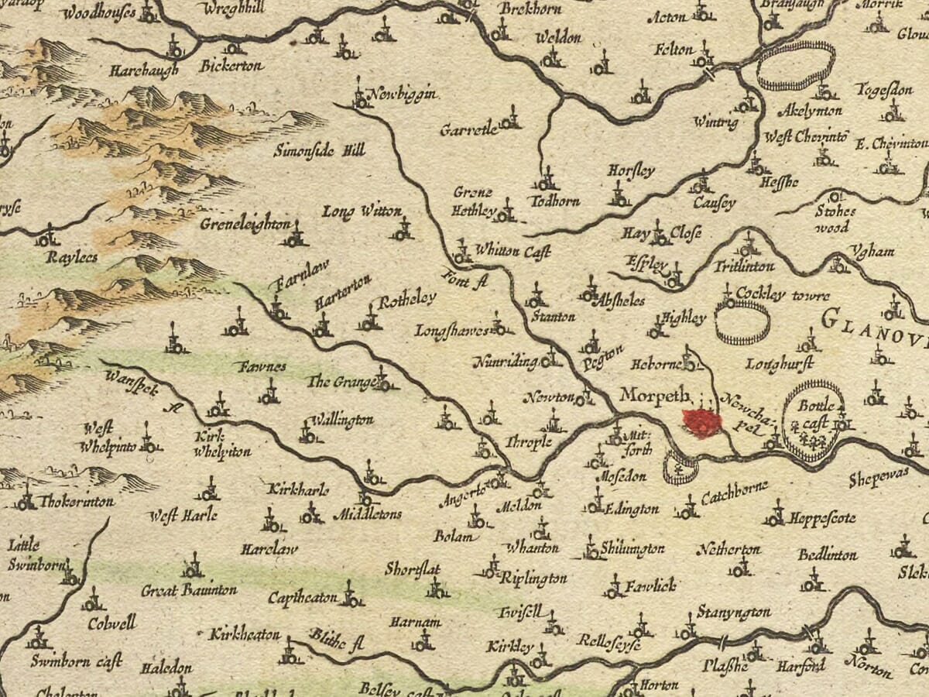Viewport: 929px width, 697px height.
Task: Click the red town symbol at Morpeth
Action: point(701,423)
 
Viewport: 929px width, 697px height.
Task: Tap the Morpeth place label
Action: point(654,396)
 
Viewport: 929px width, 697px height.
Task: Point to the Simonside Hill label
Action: point(319,150)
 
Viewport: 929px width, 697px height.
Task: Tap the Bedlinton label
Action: point(828,555)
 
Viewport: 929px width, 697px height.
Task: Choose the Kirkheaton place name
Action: point(245,634)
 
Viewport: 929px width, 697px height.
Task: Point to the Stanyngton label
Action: point(733,612)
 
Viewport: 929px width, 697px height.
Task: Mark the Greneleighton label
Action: point(245,225)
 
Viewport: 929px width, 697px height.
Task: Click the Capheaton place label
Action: point(303,598)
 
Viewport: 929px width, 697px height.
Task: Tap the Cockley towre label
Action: point(783,295)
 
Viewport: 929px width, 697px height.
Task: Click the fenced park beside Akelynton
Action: point(796,66)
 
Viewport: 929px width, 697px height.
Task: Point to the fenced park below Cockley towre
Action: point(742,322)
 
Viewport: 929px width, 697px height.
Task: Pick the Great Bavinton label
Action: point(189,591)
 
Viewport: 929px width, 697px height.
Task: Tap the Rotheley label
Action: point(407,299)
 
